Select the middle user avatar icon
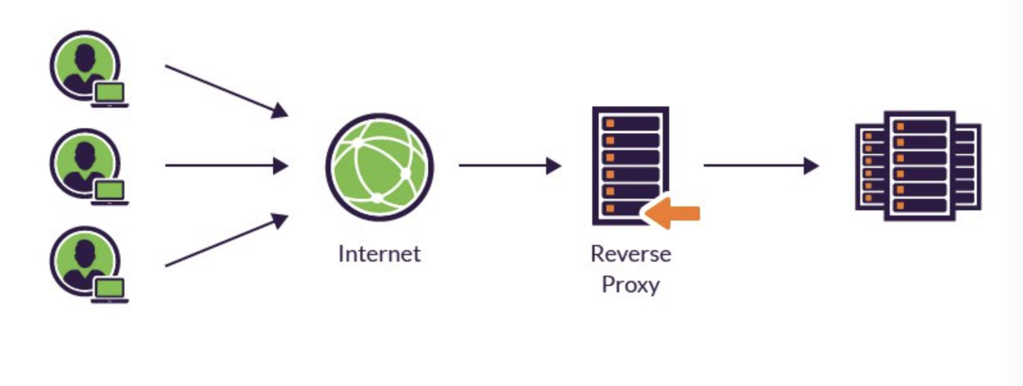coord(85,164)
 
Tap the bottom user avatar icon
coord(85,261)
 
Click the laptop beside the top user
coord(110,94)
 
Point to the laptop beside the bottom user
coord(110,290)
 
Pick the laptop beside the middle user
coord(110,192)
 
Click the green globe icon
coord(379,167)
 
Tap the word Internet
coord(379,254)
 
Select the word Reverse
coord(631,254)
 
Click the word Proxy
coord(631,284)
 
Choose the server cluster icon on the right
coord(919,166)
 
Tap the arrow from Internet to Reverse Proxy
coord(510,166)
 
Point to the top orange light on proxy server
coord(610,123)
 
